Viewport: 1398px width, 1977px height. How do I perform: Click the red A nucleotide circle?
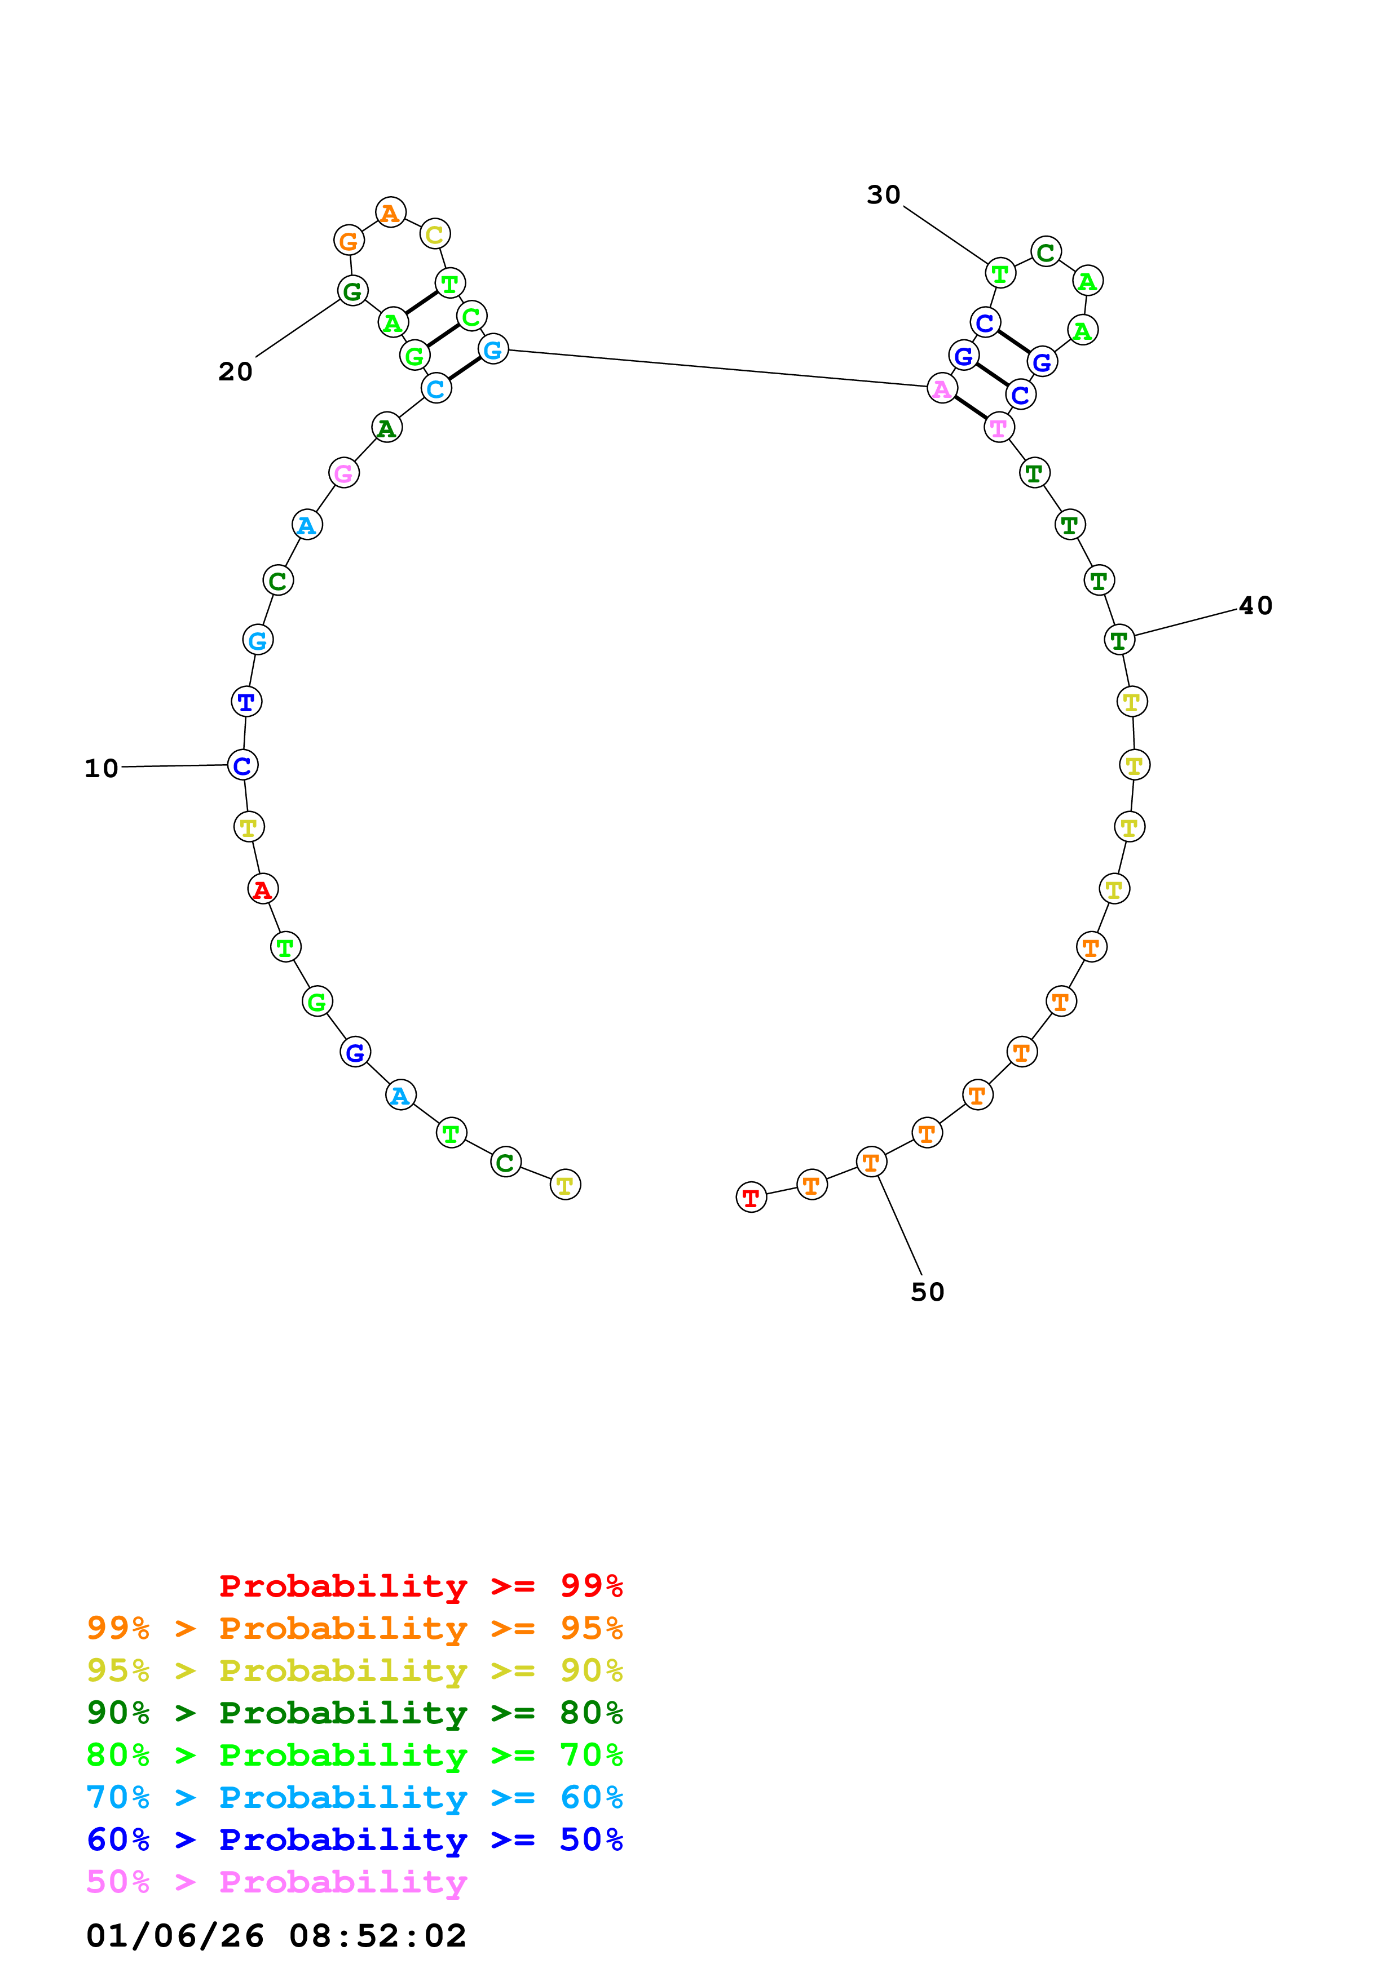pos(263,889)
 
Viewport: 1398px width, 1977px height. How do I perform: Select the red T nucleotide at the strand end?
pos(751,1197)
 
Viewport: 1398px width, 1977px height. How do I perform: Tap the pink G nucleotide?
pos(343,473)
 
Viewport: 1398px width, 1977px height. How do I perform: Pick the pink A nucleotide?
pos(942,388)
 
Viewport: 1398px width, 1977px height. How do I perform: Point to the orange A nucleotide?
pos(391,212)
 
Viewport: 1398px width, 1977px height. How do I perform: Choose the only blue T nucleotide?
pos(246,702)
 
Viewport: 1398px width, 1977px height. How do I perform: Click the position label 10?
pos(101,768)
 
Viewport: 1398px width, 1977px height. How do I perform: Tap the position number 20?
pos(235,371)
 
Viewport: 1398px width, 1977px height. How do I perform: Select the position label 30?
pos(883,194)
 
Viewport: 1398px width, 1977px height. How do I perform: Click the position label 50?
pos(928,1292)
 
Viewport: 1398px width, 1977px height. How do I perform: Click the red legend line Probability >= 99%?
pos(420,1585)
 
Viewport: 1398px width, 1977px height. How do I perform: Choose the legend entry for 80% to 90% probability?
pos(354,1713)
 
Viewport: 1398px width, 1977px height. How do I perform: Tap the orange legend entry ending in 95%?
pos(354,1628)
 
